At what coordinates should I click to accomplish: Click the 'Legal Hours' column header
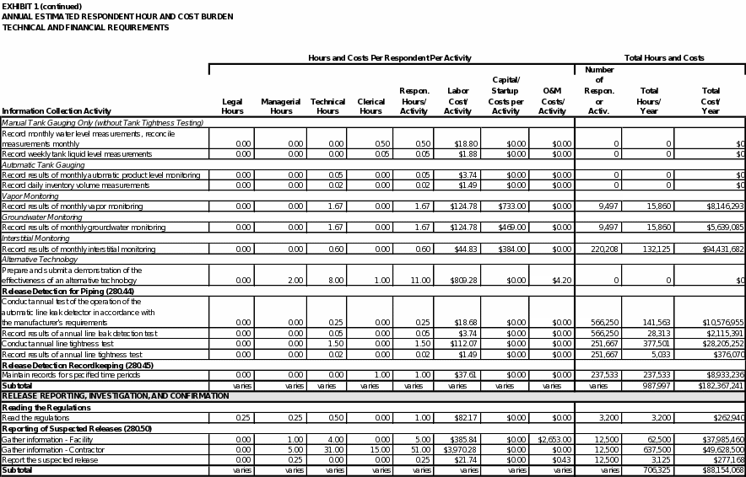232,106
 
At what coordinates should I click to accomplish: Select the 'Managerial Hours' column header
281,106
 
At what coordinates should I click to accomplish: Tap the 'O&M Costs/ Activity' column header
552,101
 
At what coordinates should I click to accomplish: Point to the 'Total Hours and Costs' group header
664,58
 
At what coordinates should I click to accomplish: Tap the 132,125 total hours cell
655,249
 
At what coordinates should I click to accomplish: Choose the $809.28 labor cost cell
457,281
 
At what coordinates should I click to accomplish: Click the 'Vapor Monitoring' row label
30,196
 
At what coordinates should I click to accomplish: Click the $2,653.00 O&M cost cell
552,439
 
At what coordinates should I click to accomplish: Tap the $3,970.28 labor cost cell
456,450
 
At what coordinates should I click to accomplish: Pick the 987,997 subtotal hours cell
655,386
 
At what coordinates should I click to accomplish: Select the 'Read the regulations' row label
35,418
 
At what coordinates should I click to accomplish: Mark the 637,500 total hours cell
655,450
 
